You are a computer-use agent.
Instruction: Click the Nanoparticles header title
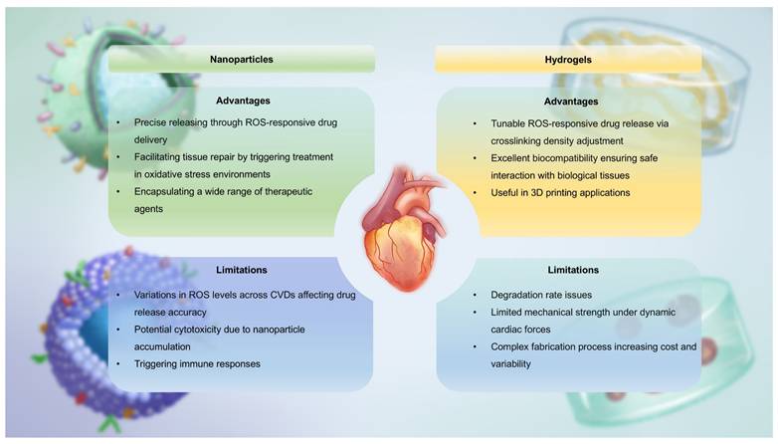coord(241,59)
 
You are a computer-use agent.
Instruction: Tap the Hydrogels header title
coord(568,60)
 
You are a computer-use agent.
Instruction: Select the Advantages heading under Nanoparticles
coord(243,101)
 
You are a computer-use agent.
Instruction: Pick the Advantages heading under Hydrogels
coord(571,102)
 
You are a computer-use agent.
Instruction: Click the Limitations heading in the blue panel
coord(242,270)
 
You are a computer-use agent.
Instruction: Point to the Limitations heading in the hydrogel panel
coord(573,270)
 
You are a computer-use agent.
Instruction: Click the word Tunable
coord(507,123)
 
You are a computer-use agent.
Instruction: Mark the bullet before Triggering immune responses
coord(118,364)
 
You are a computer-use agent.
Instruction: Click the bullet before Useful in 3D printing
coord(475,193)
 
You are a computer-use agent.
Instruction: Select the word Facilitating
coord(159,157)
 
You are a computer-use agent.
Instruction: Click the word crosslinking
coord(516,141)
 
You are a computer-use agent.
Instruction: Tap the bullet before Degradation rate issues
coord(475,295)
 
